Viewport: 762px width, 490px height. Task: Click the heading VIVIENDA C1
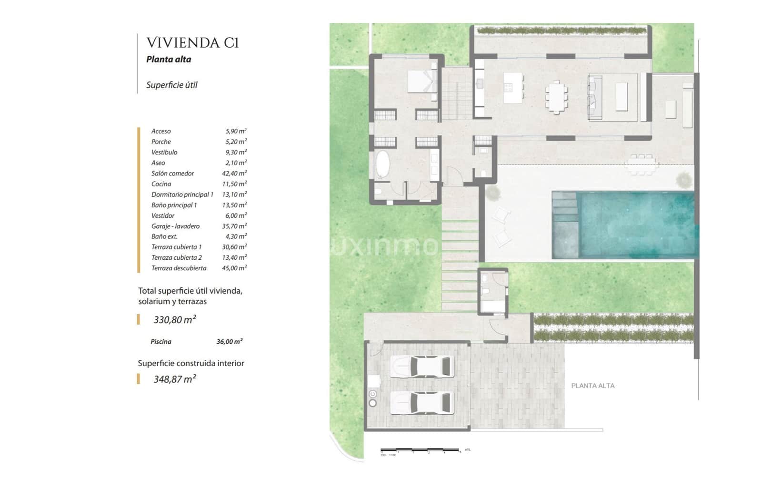click(192, 43)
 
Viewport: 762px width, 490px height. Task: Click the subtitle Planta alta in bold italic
click(169, 60)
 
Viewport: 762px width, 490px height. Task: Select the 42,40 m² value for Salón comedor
click(234, 174)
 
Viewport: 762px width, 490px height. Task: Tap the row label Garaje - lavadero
click(175, 226)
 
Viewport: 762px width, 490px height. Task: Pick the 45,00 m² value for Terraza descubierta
click(234, 268)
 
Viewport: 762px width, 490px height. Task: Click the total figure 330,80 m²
click(174, 320)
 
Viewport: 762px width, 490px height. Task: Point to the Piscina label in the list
click(161, 342)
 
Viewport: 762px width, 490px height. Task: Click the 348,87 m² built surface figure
click(174, 379)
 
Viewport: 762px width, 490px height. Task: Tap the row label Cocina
click(161, 184)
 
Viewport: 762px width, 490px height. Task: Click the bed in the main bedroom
click(422, 81)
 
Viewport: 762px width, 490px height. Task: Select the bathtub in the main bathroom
click(383, 164)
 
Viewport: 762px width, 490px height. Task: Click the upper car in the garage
click(422, 367)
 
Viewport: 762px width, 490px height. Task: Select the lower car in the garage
click(422, 403)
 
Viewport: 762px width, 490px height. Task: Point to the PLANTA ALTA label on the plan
click(592, 386)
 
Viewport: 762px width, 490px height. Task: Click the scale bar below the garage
click(420, 450)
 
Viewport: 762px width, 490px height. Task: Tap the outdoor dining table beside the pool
click(642, 164)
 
